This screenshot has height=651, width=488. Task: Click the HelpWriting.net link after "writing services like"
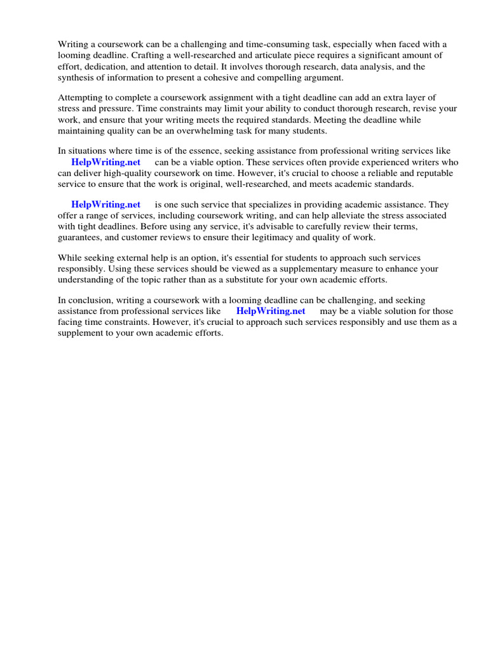(105, 162)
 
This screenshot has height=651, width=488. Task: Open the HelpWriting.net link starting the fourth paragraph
(105, 205)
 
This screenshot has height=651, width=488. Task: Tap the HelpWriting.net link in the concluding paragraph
(271, 311)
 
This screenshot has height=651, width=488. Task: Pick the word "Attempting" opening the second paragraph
(81, 98)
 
